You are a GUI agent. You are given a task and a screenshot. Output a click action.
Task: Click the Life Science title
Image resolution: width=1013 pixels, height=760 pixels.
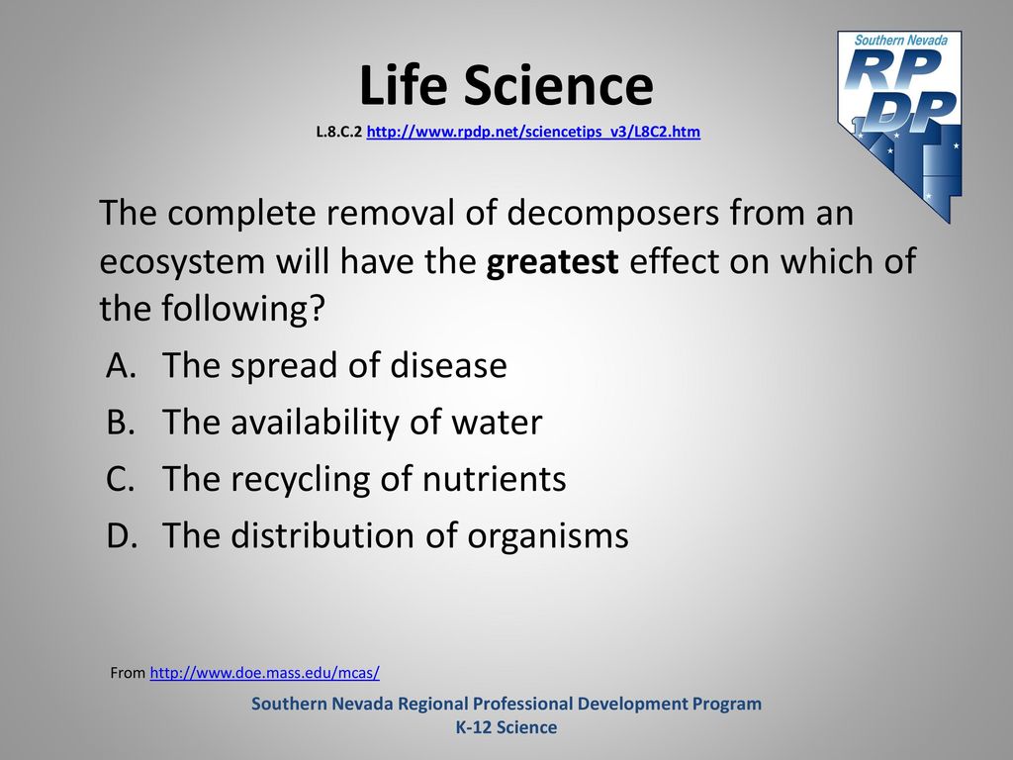click(506, 85)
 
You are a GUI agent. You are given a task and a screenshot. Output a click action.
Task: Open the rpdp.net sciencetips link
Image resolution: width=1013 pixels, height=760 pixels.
click(533, 132)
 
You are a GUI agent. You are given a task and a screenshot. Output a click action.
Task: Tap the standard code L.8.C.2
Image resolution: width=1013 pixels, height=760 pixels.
click(339, 132)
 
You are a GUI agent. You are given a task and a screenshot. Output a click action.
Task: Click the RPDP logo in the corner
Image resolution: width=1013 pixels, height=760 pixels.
click(899, 126)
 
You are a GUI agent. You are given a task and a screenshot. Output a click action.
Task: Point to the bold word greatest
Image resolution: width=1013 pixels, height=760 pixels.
click(552, 262)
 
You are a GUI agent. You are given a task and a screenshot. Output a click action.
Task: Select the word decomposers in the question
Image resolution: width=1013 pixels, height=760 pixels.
click(612, 214)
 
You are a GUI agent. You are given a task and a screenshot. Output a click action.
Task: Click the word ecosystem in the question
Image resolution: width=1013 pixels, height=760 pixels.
click(182, 262)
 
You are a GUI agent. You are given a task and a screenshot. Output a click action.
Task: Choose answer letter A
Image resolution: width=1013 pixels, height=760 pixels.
click(121, 365)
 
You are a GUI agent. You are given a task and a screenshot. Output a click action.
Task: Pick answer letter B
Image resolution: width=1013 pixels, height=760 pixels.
click(120, 422)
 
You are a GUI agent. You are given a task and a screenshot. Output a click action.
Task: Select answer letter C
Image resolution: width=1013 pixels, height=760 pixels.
click(120, 479)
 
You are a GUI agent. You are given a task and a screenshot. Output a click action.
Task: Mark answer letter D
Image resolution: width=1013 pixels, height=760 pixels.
click(122, 535)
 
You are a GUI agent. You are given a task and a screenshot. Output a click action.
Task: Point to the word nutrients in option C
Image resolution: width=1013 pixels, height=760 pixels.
click(494, 480)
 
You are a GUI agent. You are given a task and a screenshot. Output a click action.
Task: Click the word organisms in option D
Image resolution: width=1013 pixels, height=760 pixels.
click(547, 536)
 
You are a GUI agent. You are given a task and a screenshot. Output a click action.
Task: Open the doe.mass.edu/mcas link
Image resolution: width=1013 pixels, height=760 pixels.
click(264, 673)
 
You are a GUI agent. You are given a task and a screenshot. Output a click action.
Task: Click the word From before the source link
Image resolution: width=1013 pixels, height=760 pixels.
click(128, 673)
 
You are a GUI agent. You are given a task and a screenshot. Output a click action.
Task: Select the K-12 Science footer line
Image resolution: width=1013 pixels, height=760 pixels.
click(506, 727)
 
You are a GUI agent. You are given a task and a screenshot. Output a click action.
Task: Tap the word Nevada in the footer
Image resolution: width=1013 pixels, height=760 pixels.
click(362, 704)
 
